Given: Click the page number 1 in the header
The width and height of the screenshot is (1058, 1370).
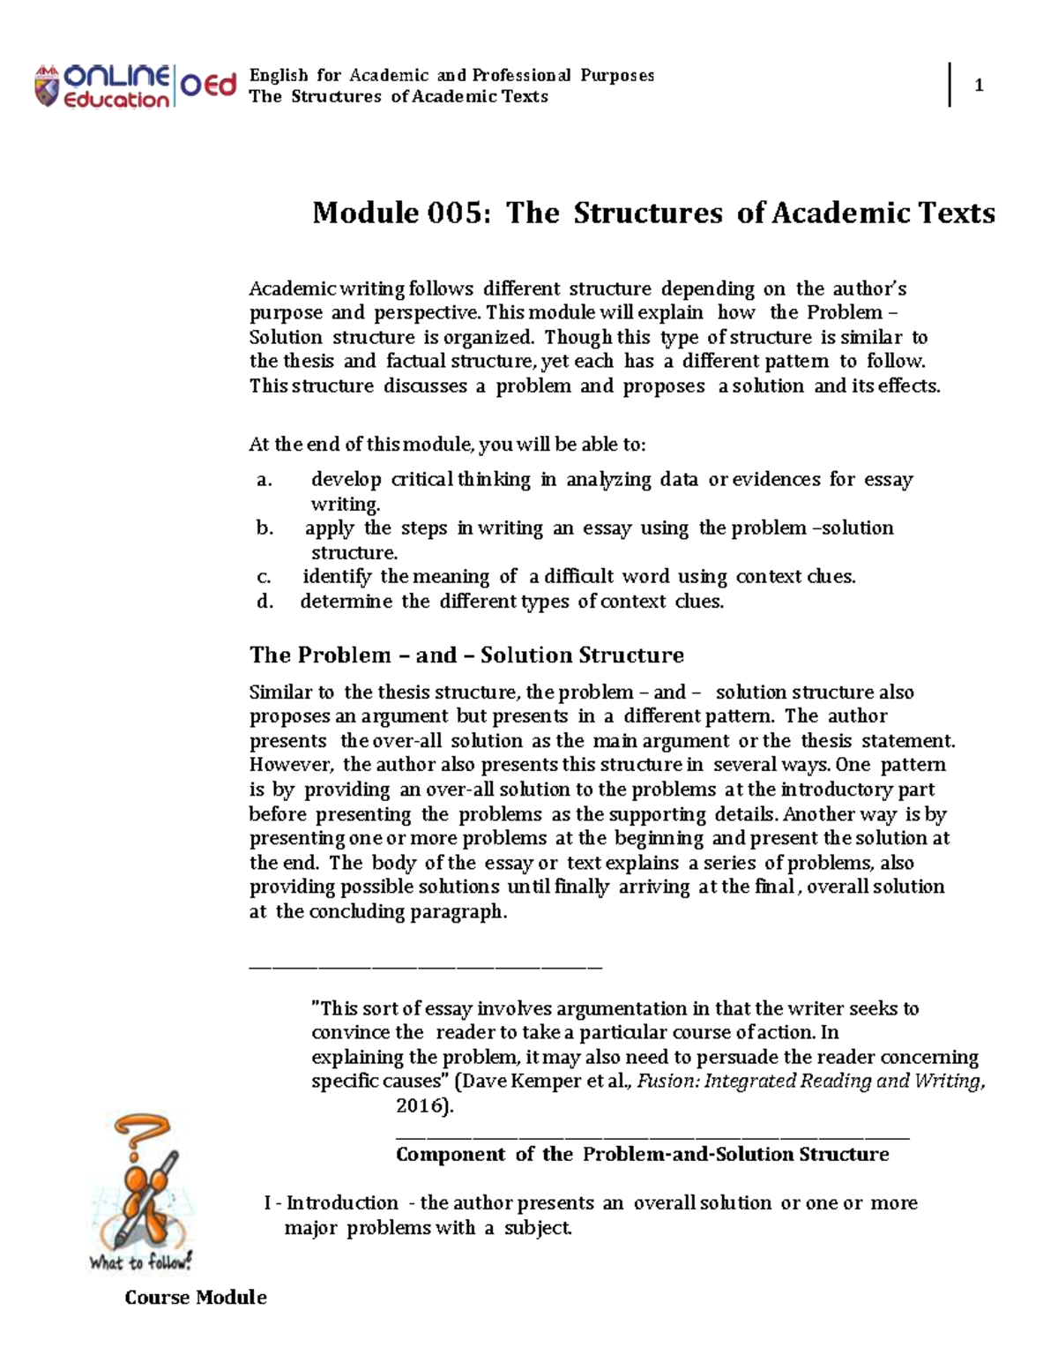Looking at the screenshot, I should coord(978,86).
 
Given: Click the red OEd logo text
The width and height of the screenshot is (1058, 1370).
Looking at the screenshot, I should coord(209,86).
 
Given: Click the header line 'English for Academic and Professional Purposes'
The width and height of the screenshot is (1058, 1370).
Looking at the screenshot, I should coord(451,75).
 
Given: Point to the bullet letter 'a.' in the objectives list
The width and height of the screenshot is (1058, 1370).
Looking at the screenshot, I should coord(264,480).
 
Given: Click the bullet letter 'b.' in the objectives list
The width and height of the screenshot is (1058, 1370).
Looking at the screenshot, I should coord(264,528).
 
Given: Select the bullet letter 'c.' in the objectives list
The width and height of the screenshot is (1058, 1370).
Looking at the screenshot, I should coord(264,577).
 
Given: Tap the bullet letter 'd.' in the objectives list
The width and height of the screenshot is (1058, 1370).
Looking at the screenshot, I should coord(264,602).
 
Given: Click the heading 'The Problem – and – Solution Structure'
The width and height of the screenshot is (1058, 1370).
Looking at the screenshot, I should coord(466,655).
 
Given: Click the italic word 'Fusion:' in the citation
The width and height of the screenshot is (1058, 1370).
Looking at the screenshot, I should coord(666,1082).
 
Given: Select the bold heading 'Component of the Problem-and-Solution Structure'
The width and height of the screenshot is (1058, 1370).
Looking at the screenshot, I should coord(642,1155).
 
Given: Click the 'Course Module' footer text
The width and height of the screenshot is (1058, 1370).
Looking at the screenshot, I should coord(195,1297).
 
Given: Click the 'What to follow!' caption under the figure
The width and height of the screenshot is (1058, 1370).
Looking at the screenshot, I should coord(140,1262).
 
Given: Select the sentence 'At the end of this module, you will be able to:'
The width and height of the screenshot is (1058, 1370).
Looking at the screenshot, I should coord(447,444).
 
